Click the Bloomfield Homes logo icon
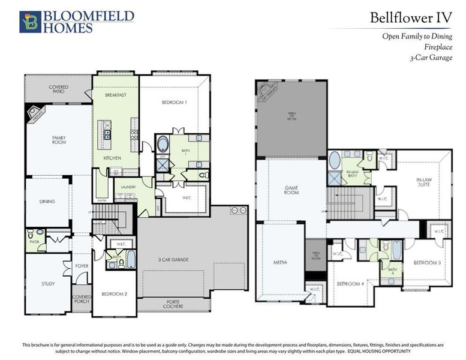pos(29,21)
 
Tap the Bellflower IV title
pos(410,17)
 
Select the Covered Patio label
pos(58,89)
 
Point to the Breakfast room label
pos(115,95)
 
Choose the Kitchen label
pos(112,158)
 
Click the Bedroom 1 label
pos(175,103)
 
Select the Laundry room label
pos(128,187)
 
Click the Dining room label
pos(47,202)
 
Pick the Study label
pos(49,284)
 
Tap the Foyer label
pos(82,265)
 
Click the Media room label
pos(279,263)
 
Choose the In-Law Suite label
pos(428,182)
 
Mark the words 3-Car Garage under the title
pos(431,58)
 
